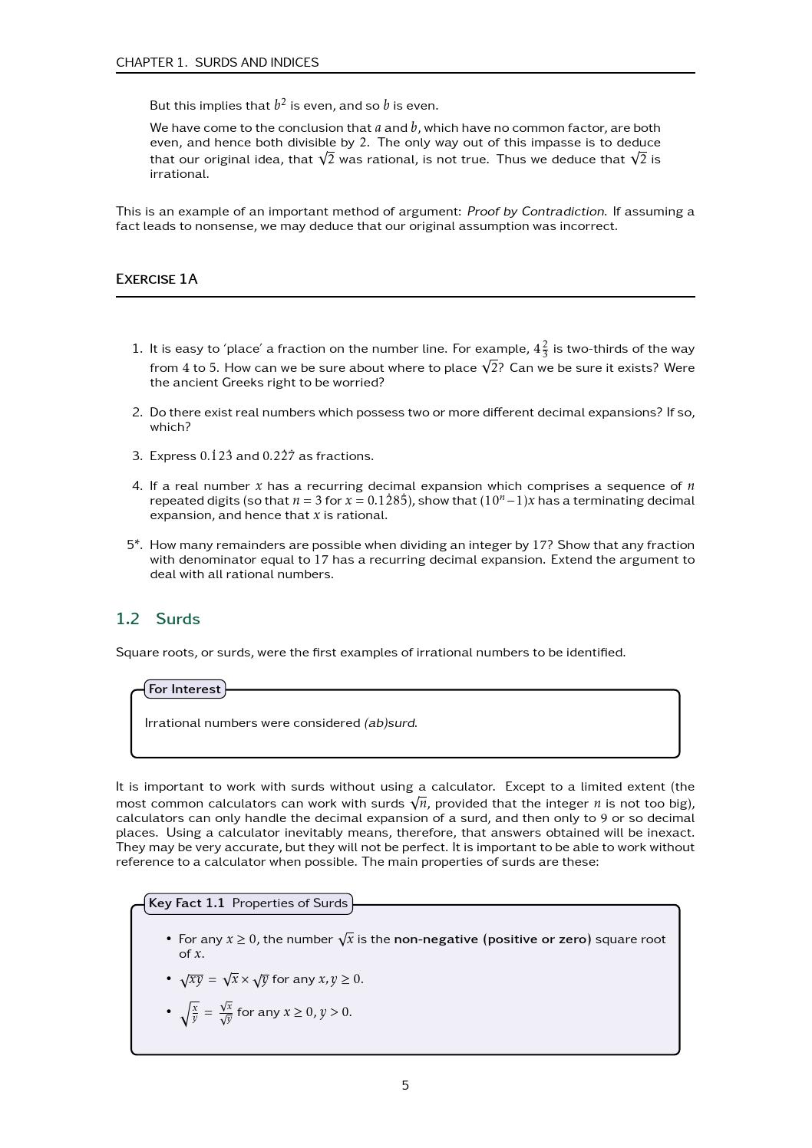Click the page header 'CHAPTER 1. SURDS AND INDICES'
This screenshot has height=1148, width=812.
click(x=217, y=62)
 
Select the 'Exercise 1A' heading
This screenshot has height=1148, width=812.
click(x=157, y=279)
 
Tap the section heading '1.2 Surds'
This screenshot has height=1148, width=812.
click(x=157, y=619)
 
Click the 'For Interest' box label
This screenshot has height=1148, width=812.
click(x=185, y=689)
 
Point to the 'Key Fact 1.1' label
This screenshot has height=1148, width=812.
click(x=186, y=903)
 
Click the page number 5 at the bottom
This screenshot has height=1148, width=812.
click(x=405, y=1085)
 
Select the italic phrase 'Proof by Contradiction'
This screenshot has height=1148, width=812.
click(x=535, y=211)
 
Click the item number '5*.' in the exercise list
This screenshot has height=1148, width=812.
click(x=134, y=545)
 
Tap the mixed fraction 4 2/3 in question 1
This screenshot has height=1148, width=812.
click(x=541, y=349)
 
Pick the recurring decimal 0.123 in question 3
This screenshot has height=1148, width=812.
click(x=216, y=456)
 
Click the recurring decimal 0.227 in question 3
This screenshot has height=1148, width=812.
click(x=279, y=456)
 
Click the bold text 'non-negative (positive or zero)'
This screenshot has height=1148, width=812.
click(x=492, y=939)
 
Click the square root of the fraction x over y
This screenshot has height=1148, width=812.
click(x=189, y=1013)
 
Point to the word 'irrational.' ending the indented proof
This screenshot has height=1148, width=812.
click(x=179, y=174)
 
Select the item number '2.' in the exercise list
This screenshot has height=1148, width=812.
click(x=137, y=413)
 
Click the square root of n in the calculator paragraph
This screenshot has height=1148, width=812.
click(x=418, y=804)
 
